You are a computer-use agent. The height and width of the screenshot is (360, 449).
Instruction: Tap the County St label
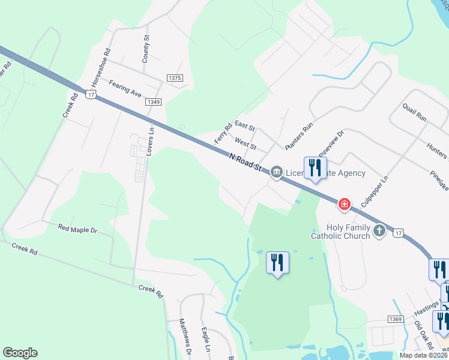[146, 49]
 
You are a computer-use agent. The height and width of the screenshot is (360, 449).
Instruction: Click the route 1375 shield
[175, 78]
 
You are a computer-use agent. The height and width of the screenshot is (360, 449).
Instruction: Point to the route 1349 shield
[153, 102]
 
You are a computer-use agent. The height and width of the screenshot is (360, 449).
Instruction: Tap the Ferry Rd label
[223, 134]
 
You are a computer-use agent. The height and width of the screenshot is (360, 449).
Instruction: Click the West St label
[246, 144]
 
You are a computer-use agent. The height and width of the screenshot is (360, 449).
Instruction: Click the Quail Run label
[415, 111]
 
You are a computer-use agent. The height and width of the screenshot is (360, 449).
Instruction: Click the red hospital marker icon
[345, 205]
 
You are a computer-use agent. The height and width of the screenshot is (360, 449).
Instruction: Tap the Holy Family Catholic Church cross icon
[379, 231]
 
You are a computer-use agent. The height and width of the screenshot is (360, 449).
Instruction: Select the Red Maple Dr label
[77, 229]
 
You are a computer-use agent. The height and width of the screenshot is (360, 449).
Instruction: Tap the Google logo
[20, 352]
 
